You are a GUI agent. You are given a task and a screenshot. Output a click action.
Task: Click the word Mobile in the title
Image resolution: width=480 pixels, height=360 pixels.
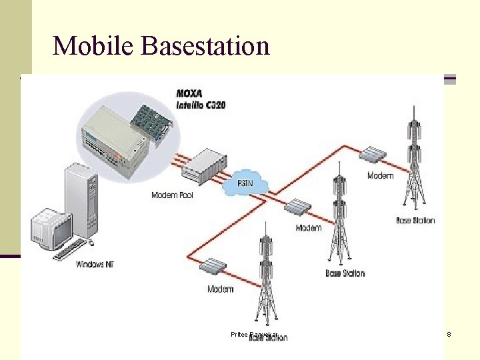[93, 45]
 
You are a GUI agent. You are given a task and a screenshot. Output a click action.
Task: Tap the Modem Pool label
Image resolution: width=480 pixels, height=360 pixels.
[172, 195]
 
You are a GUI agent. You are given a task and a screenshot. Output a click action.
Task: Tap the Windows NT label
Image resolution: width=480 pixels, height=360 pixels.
[95, 265]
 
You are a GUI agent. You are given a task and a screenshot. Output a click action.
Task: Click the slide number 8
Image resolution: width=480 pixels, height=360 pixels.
[449, 333]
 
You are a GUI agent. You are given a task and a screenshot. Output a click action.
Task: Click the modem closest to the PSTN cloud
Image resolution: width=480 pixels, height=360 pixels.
[296, 207]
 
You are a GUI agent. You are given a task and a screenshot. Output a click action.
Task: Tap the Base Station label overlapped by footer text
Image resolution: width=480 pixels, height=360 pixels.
[268, 338]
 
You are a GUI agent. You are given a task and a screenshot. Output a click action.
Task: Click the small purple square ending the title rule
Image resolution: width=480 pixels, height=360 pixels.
[450, 79]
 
